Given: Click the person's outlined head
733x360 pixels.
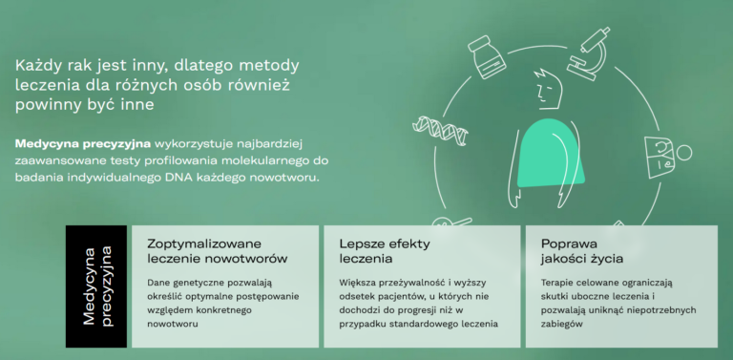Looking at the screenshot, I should [546, 90].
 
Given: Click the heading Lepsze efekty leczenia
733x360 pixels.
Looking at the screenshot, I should [385, 251].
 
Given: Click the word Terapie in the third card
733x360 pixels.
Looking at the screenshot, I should [558, 283].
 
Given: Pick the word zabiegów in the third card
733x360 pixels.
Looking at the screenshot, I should [562, 324].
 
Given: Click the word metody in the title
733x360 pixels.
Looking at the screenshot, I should [269, 66].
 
